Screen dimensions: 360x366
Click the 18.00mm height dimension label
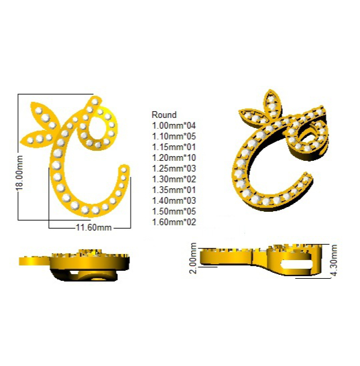pos(20,173)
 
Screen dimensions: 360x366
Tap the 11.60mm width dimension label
pos(94,227)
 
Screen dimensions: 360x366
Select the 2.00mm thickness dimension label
pos(194,258)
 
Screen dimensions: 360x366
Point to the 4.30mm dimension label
pos(334,260)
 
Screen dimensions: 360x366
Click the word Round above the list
pos(164,115)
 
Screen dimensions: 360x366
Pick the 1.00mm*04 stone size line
pos(174,125)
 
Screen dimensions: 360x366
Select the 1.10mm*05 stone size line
pos(174,136)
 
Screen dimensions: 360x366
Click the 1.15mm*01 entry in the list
pos(174,147)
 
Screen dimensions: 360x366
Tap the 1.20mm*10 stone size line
pos(174,158)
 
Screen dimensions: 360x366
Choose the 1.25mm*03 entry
pos(174,168)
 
